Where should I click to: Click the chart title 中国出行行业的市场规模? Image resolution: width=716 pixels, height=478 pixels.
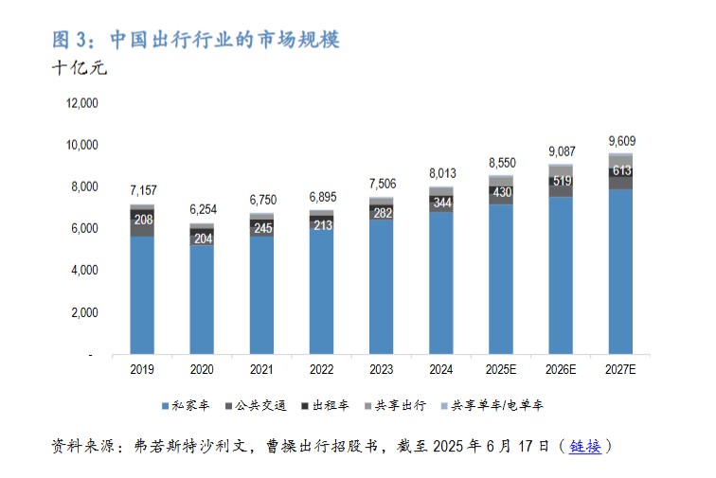pyautogui.click(x=224, y=40)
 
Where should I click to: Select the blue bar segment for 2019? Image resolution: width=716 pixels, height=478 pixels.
pyautogui.click(x=142, y=293)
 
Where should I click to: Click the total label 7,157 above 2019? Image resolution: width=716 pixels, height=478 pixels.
pyautogui.click(x=142, y=192)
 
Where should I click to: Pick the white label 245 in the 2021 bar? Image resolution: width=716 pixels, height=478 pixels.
pyautogui.click(x=261, y=228)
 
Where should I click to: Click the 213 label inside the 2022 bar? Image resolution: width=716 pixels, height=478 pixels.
pyautogui.click(x=321, y=225)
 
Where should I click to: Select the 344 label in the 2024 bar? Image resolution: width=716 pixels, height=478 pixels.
pyautogui.click(x=440, y=203)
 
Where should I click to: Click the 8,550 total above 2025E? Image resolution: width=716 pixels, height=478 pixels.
pyautogui.click(x=500, y=163)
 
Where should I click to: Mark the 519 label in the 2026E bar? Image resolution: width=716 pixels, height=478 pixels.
pyautogui.click(x=560, y=181)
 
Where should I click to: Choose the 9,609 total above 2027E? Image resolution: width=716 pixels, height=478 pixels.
pyautogui.click(x=620, y=140)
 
